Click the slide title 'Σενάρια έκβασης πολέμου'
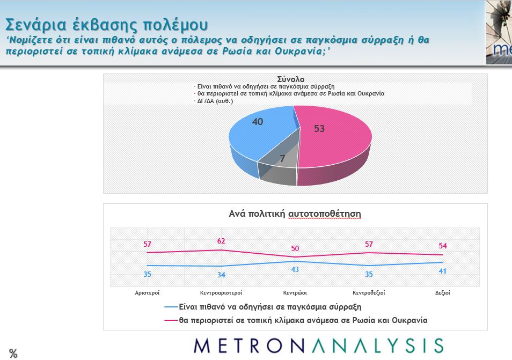(x=106, y=25)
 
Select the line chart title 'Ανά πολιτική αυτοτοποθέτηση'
(x=295, y=214)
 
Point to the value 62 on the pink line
(x=221, y=241)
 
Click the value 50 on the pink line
(x=295, y=248)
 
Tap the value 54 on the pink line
(x=443, y=246)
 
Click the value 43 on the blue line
(x=295, y=269)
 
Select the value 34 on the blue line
(x=221, y=275)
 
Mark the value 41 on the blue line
(x=443, y=271)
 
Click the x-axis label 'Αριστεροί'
(x=147, y=293)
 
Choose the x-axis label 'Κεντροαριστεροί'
(x=221, y=293)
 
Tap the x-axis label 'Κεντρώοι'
(x=295, y=293)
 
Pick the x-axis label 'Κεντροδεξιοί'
(x=369, y=293)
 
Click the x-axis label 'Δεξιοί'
(x=442, y=293)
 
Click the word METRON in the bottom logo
(x=258, y=346)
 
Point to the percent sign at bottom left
(x=13, y=353)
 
